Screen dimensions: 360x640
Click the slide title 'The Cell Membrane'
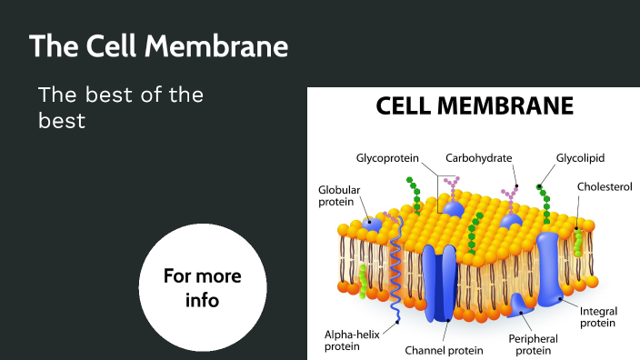click(x=159, y=45)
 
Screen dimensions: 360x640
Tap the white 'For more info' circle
click(x=203, y=287)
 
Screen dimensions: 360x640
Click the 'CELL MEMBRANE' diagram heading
click(x=475, y=107)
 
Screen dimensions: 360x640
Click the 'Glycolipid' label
click(x=582, y=156)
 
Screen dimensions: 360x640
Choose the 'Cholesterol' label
click(x=604, y=186)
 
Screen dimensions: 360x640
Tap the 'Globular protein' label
click(x=338, y=196)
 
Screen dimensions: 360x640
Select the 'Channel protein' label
click(x=445, y=348)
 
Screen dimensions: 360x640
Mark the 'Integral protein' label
click(x=598, y=317)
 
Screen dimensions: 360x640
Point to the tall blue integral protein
click(x=551, y=264)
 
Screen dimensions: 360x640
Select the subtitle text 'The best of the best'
click(x=121, y=106)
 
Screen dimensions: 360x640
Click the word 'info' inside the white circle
click(x=202, y=299)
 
